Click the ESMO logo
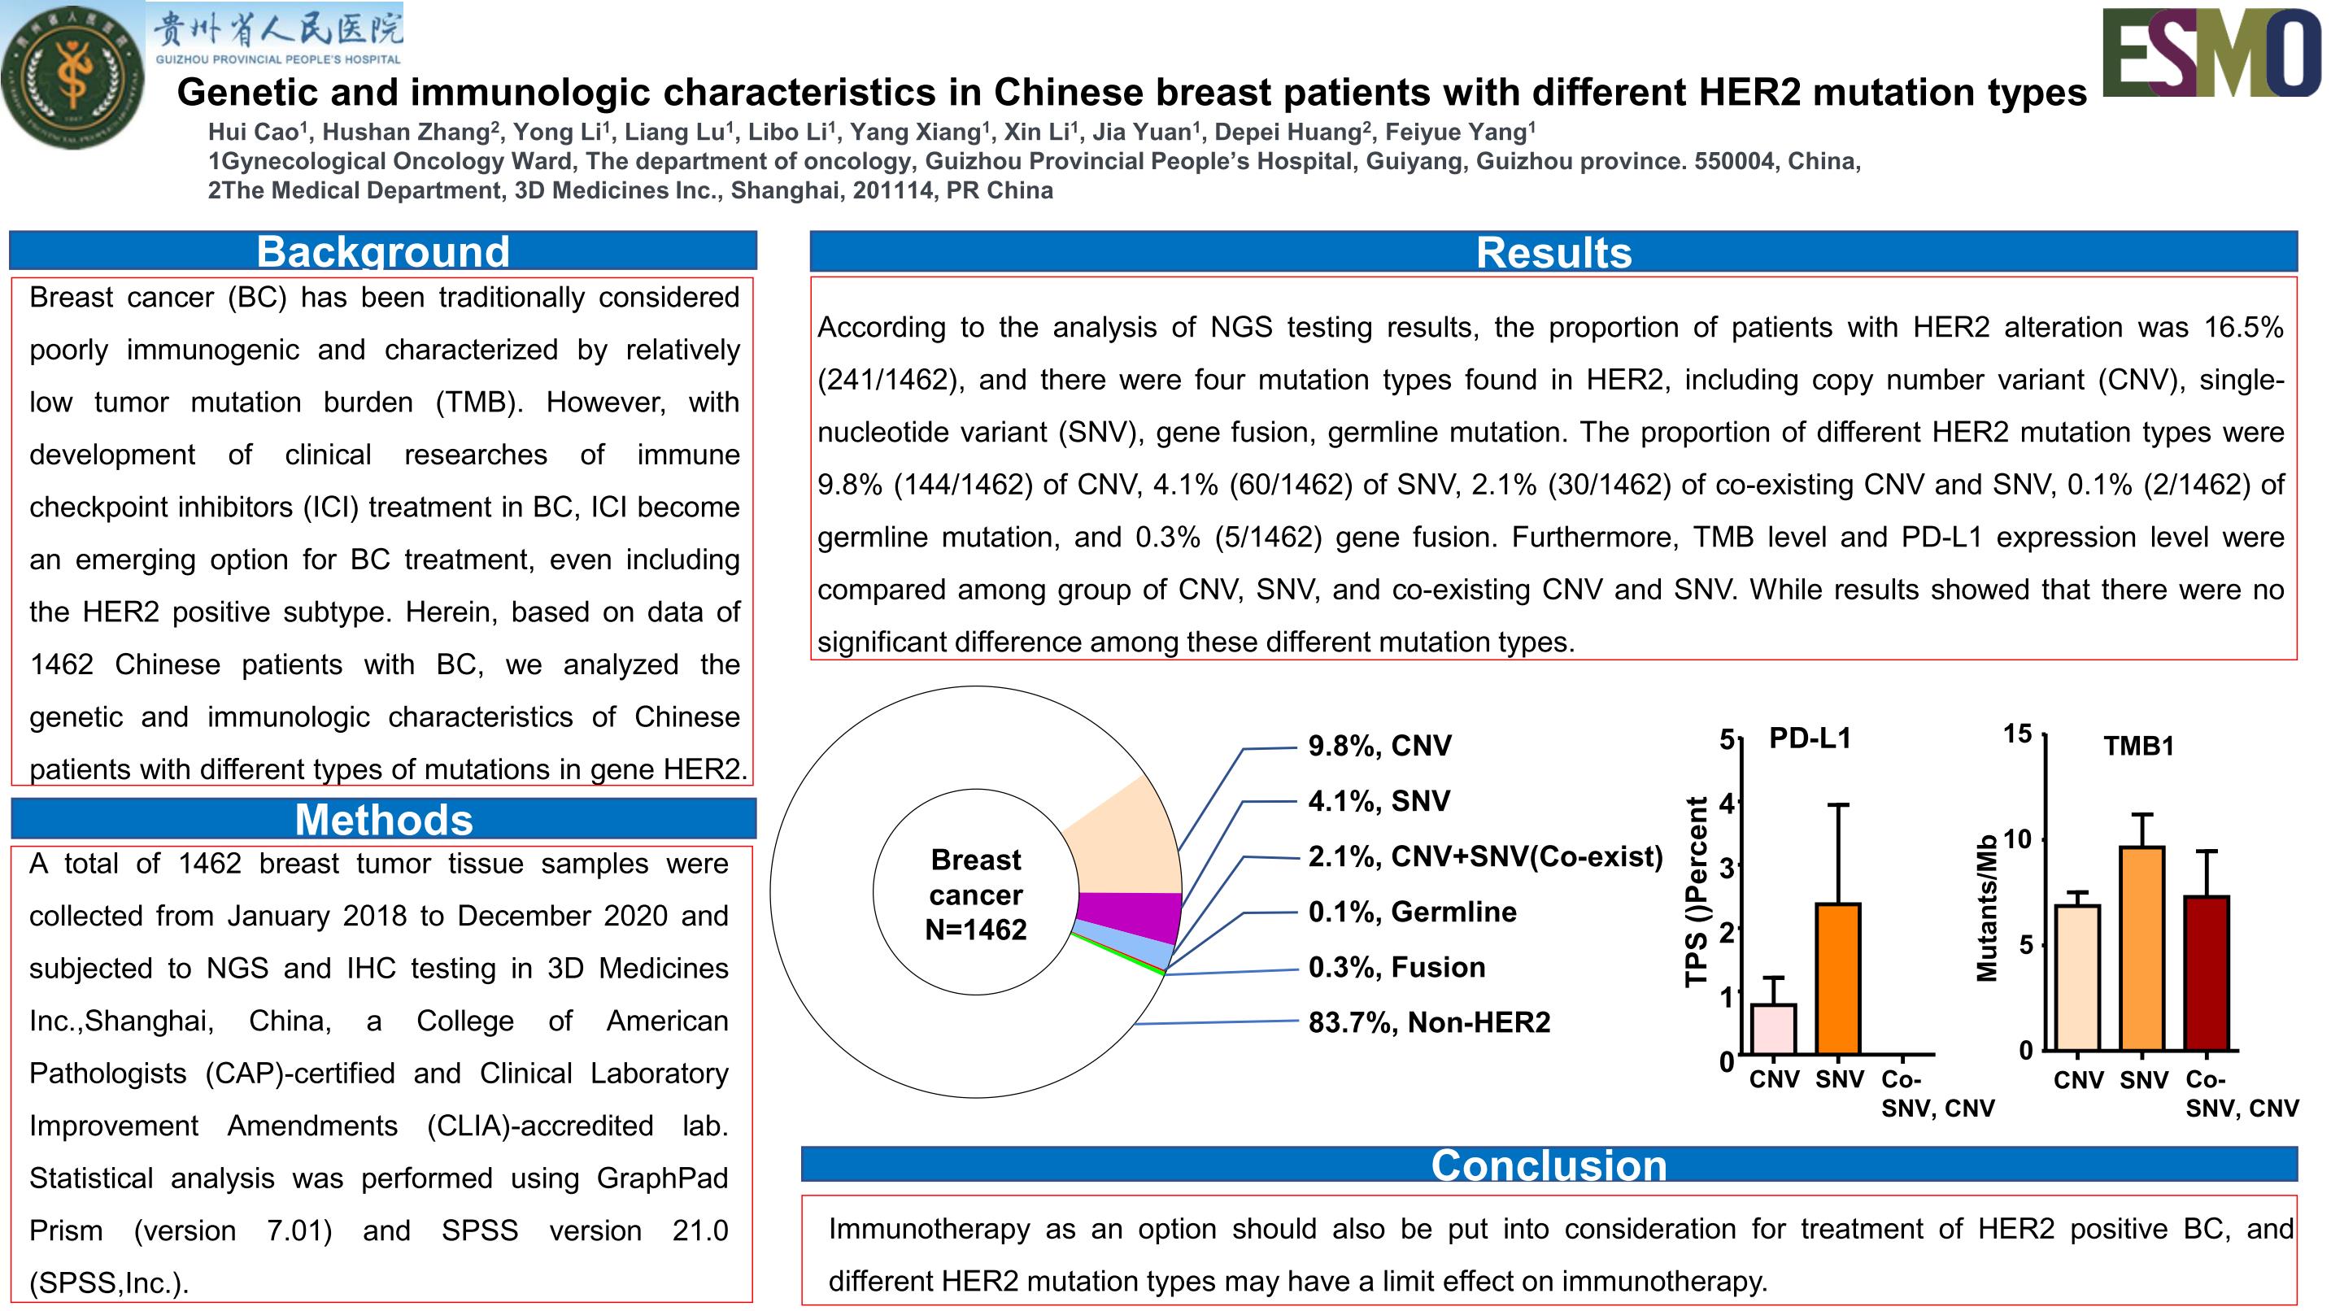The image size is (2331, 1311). coord(2211,53)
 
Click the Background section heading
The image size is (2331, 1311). coord(383,250)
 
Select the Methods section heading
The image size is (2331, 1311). coord(384,819)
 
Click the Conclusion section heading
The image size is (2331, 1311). coord(1549,1165)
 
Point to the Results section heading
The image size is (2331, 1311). coord(1553,252)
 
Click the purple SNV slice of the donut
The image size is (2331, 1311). coord(1131,916)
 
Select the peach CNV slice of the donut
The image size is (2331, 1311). coord(1126,837)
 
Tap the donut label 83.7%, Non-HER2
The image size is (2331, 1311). coord(1429,1022)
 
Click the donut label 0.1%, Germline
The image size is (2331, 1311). coord(1412,911)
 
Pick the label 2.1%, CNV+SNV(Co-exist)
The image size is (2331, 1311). coord(1485,856)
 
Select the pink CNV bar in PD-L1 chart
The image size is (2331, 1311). coord(1774,1030)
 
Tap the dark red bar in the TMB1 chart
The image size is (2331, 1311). coord(2206,973)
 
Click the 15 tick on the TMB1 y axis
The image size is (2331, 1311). coord(2018,734)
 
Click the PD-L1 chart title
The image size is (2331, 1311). coord(1810,738)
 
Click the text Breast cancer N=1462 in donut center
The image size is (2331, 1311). coord(975,894)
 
